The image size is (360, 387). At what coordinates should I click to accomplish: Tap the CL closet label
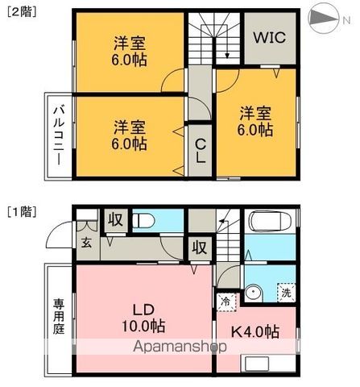201,150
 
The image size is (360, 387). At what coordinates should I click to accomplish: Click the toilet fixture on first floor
145,220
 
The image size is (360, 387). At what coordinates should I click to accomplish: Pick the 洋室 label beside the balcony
129,135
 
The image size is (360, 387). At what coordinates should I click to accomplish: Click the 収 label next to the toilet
115,220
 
